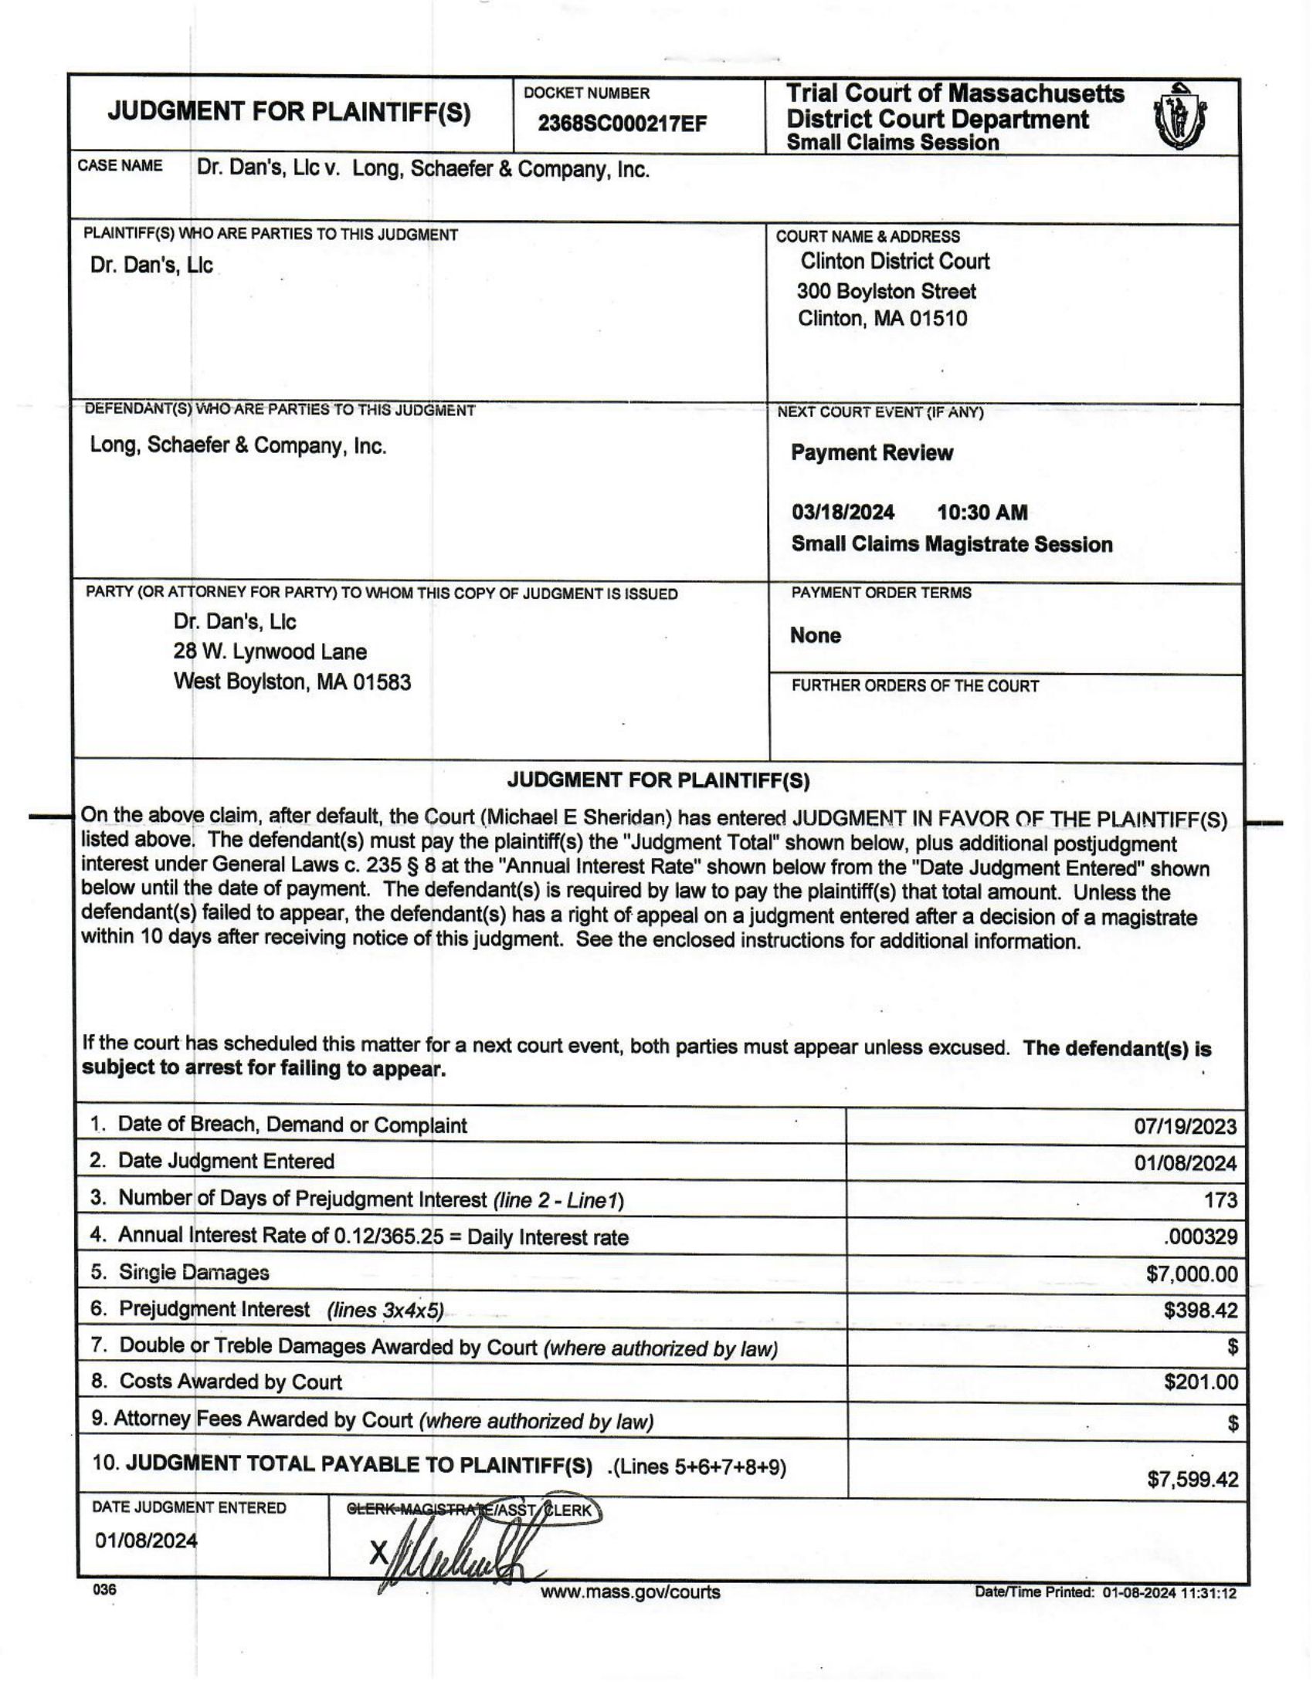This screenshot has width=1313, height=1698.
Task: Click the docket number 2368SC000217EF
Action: (623, 123)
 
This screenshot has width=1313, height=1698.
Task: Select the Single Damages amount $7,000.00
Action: (1191, 1273)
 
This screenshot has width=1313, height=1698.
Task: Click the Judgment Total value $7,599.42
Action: (1192, 1479)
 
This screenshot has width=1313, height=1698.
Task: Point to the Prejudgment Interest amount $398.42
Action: (1200, 1310)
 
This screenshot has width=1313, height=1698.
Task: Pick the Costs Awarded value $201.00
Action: (1200, 1382)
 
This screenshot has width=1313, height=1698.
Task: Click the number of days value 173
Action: (1220, 1200)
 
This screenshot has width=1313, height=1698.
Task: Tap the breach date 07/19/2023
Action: (1185, 1128)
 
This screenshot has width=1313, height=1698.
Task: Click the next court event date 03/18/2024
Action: (843, 512)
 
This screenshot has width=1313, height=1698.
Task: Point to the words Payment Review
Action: (871, 453)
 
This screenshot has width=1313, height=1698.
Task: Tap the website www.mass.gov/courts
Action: (630, 1592)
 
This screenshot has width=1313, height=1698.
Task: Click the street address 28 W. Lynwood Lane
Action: (270, 651)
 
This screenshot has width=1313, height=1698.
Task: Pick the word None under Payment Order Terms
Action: (815, 635)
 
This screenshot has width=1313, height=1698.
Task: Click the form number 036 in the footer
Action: (104, 1590)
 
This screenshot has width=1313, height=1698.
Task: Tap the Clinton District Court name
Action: (894, 261)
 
